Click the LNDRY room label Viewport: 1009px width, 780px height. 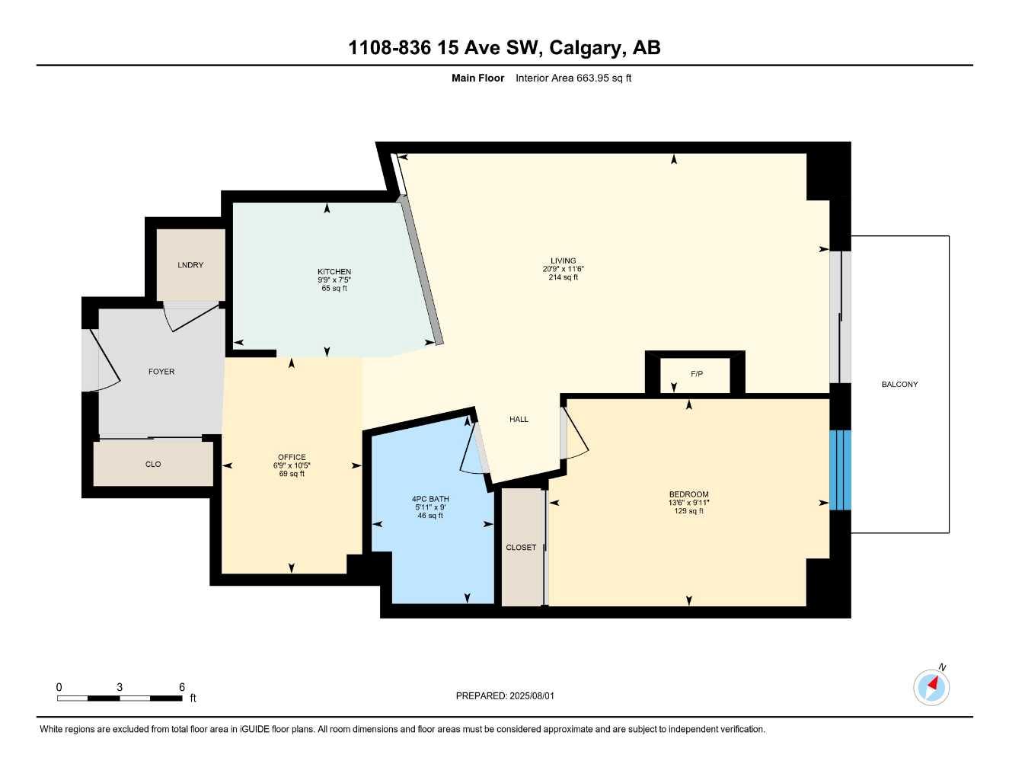190,265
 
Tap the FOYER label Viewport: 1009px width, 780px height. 161,372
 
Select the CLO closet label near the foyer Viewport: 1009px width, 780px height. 153,464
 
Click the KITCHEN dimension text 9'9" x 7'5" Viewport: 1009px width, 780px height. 334,280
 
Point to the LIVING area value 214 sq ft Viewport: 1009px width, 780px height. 564,277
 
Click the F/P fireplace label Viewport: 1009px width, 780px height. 697,374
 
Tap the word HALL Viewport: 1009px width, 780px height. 519,419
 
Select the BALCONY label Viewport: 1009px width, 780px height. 899,385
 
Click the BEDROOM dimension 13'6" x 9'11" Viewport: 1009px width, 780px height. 688,503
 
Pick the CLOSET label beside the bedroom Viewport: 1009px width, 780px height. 521,548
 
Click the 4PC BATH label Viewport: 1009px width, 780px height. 430,499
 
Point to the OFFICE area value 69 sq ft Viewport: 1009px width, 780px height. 292,474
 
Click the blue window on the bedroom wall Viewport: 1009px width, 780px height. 839,470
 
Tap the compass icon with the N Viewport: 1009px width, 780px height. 931,686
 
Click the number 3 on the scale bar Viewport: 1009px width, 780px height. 120,687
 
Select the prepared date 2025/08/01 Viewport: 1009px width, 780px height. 532,695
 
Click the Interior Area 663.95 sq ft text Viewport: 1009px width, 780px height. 573,78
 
